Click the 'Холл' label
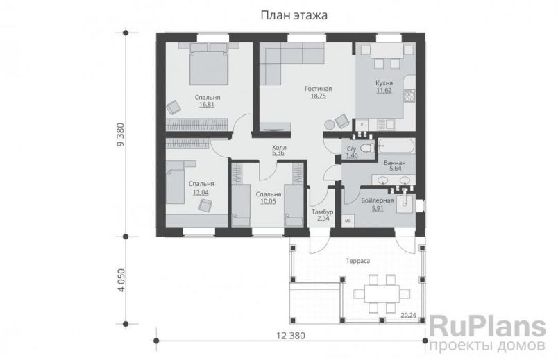(x=279, y=148)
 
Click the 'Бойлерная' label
(x=378, y=200)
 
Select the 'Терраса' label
(x=358, y=261)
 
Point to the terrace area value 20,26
(x=409, y=315)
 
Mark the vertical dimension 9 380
(x=119, y=135)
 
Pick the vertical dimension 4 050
(x=119, y=280)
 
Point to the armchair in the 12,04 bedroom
(x=205, y=205)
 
